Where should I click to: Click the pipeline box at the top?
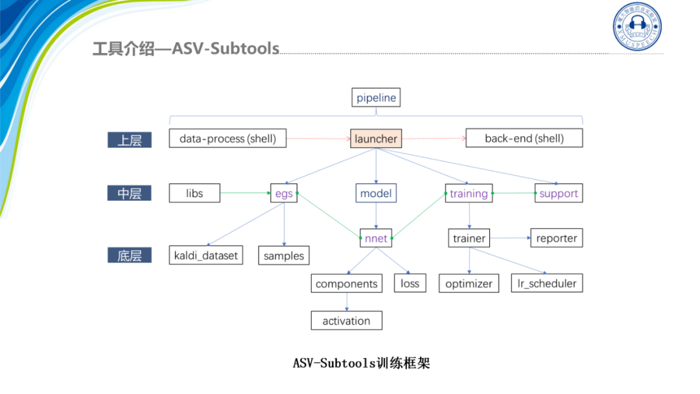click(376, 98)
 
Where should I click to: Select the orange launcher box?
click(376, 139)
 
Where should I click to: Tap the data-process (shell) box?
click(227, 138)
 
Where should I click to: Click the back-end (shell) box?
click(524, 138)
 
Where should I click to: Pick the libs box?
click(194, 193)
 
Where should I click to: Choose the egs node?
click(284, 193)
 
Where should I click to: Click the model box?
click(376, 193)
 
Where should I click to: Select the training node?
click(469, 193)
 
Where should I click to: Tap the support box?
click(558, 193)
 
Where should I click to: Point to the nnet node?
click(376, 238)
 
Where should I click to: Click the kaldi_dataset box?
click(206, 255)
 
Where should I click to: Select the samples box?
click(284, 255)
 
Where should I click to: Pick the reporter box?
click(556, 238)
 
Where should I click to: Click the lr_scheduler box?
click(547, 283)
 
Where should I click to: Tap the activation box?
click(346, 321)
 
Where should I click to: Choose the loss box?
click(410, 283)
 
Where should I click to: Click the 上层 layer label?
click(130, 140)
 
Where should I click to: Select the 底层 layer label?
click(130, 255)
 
